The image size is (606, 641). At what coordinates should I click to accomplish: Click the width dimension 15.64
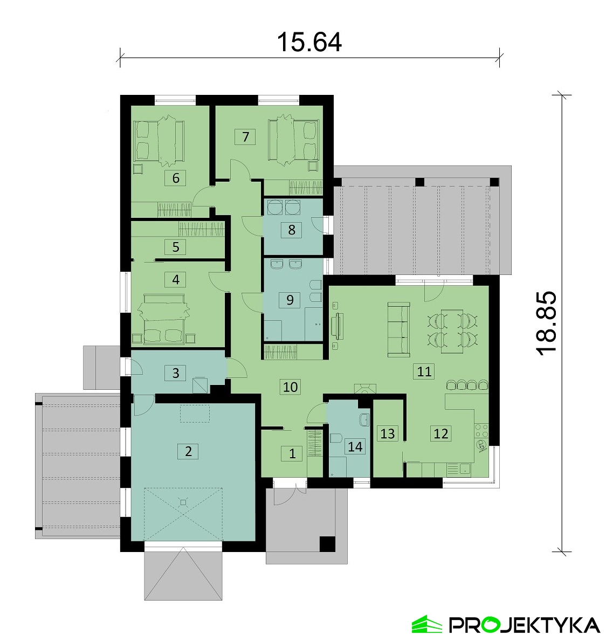click(x=309, y=42)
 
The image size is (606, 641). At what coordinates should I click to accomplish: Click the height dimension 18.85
click(x=546, y=323)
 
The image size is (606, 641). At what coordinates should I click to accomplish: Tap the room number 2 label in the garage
click(x=189, y=451)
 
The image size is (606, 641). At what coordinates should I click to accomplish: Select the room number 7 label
click(x=245, y=136)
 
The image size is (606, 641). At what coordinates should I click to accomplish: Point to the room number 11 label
click(x=424, y=371)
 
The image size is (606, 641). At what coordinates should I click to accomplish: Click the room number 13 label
click(x=388, y=433)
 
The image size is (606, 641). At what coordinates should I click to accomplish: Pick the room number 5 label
click(x=176, y=247)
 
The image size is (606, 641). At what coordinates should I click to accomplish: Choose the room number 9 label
click(x=290, y=300)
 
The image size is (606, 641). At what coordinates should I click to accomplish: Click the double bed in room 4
click(x=163, y=319)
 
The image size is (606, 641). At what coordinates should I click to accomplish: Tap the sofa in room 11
click(x=398, y=329)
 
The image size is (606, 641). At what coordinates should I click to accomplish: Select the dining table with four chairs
click(x=453, y=331)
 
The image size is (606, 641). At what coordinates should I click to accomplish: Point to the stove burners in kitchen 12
click(x=481, y=430)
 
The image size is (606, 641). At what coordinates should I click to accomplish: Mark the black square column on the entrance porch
click(x=327, y=544)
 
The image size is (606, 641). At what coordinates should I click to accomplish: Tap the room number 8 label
click(x=292, y=230)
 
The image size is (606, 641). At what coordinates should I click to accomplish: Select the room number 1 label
click(x=292, y=453)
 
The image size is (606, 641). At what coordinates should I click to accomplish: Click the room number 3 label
click(x=176, y=373)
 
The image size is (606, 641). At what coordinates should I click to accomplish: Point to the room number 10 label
click(x=290, y=387)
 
